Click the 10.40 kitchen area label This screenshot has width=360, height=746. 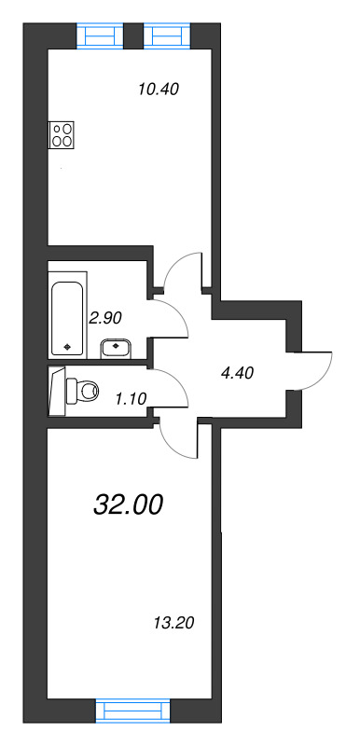tap(157, 90)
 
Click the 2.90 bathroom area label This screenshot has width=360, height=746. tap(106, 317)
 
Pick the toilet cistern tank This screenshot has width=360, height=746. tap(58, 390)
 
